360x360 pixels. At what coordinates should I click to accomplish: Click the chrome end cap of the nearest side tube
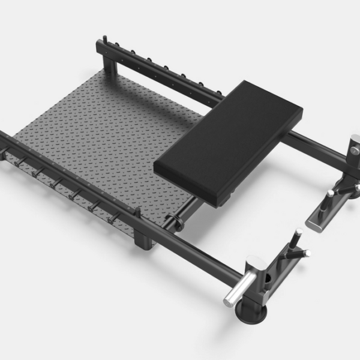(x=231, y=298)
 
